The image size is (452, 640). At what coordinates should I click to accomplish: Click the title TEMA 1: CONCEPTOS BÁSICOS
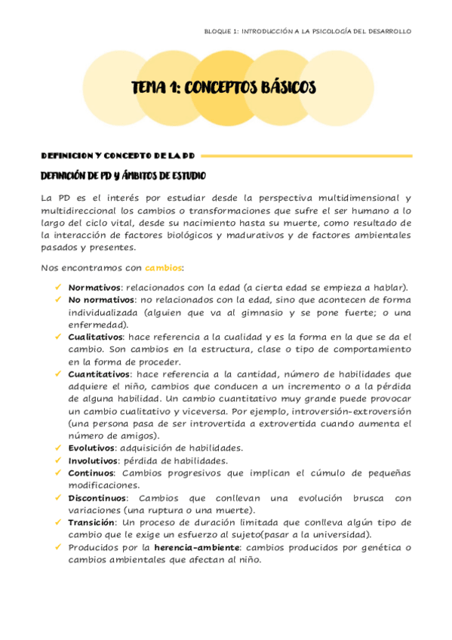(x=223, y=88)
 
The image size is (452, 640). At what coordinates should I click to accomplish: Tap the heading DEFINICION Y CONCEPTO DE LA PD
(x=118, y=155)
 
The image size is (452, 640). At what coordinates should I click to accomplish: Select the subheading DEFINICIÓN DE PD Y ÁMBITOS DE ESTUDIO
(x=121, y=176)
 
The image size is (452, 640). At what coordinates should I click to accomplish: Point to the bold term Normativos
(x=94, y=288)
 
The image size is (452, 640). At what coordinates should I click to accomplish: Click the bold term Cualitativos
(x=96, y=337)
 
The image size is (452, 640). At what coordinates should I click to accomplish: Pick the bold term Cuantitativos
(x=99, y=374)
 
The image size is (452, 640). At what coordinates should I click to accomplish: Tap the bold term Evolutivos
(x=92, y=448)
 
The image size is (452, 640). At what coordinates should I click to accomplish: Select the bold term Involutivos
(x=93, y=460)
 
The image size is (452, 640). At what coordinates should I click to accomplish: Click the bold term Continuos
(x=91, y=472)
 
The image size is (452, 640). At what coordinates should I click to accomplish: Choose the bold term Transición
(x=91, y=522)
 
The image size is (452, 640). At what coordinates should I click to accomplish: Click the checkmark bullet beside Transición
(x=58, y=522)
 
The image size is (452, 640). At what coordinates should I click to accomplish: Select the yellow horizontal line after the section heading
(x=306, y=155)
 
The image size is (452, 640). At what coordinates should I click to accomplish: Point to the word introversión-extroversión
(x=361, y=411)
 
